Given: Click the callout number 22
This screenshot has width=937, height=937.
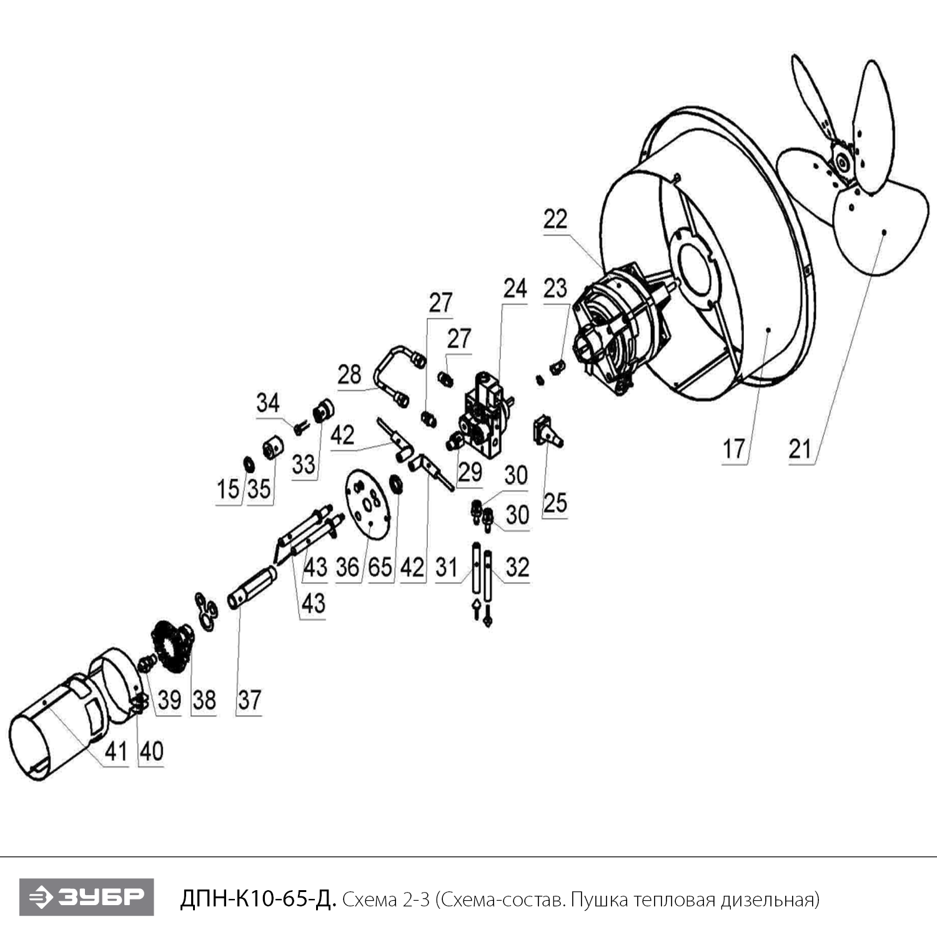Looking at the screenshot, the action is coord(555,219).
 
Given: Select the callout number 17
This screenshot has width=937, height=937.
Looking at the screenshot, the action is coord(734,449).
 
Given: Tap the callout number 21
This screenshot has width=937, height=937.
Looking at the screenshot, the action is coord(800,449).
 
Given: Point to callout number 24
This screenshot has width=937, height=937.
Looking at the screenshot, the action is coord(515,289).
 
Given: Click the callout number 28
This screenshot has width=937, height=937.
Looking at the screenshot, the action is coord(349,374).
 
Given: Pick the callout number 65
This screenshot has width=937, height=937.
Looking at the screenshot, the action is coord(380,567).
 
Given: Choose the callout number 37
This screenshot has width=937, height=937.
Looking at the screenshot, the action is coord(249,700).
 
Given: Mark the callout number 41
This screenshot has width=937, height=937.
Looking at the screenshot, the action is coord(116,751).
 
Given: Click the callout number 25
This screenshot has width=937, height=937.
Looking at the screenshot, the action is coord(555,503).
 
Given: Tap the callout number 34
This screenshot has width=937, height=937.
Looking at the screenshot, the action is coord(268,403).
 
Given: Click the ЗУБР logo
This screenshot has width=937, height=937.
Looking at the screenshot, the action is coord(86,898).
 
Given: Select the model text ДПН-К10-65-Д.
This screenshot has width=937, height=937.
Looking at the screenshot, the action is coord(258,900).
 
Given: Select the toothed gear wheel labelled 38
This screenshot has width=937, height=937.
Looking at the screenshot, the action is coord(170,646).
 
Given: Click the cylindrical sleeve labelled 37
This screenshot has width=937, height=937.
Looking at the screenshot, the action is coord(252,587).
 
